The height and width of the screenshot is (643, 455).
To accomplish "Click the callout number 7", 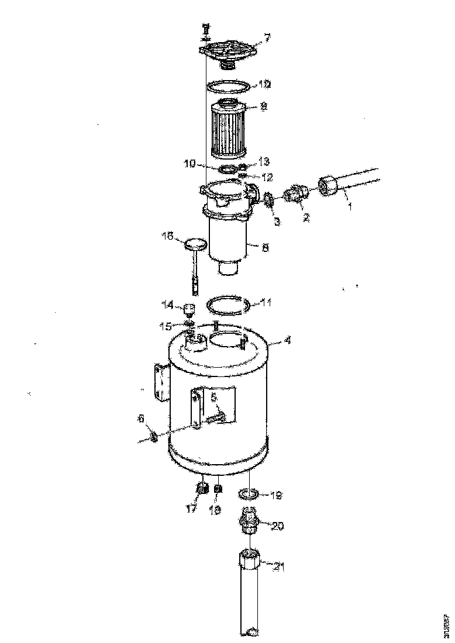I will pyautogui.click(x=267, y=38).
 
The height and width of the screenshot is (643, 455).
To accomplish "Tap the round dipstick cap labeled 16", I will pyautogui.click(x=195, y=244).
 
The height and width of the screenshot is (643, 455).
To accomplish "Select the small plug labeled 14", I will pyautogui.click(x=189, y=308).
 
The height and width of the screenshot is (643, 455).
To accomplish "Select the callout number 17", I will pyautogui.click(x=191, y=509).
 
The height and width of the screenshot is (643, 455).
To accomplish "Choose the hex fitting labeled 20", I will pyautogui.click(x=250, y=519).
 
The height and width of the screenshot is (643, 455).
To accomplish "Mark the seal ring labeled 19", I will pyautogui.click(x=249, y=495).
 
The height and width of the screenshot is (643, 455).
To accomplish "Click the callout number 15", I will pyautogui.click(x=167, y=325).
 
